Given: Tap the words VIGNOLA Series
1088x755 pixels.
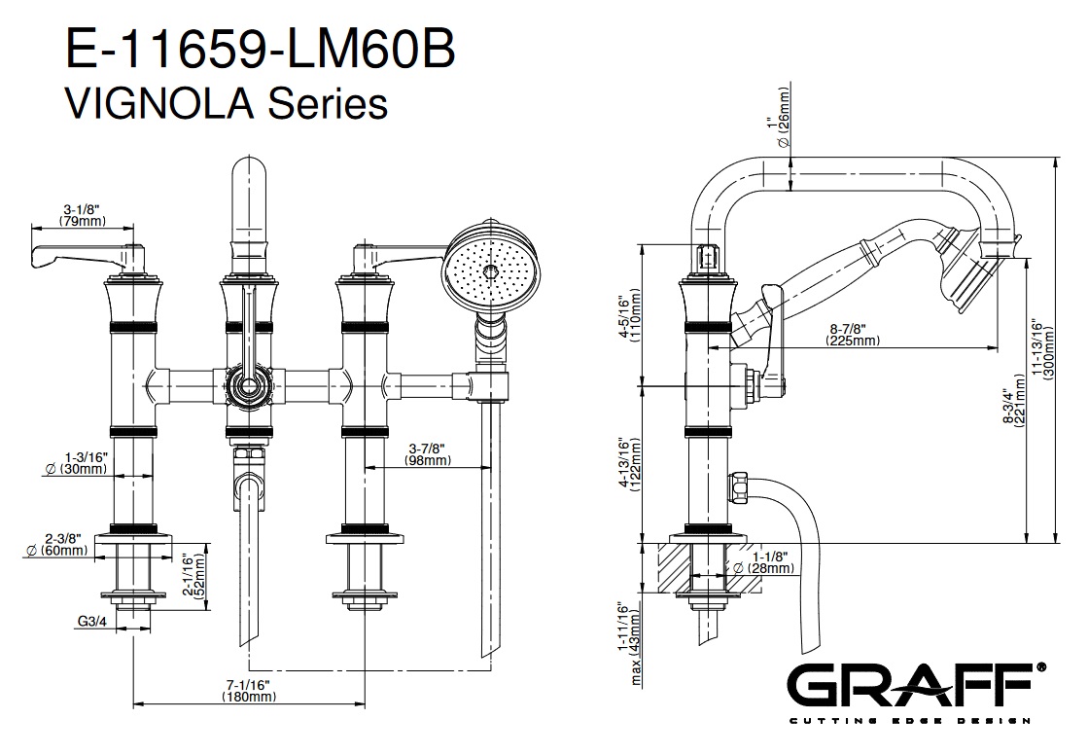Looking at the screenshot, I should (x=226, y=101).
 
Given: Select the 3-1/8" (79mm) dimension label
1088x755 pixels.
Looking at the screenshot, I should (x=83, y=215).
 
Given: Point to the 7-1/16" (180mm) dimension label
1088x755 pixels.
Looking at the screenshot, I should (x=247, y=692).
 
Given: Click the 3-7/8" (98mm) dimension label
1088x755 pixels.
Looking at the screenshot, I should (x=428, y=453).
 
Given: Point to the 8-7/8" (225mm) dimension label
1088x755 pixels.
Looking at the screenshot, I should (x=854, y=334).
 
